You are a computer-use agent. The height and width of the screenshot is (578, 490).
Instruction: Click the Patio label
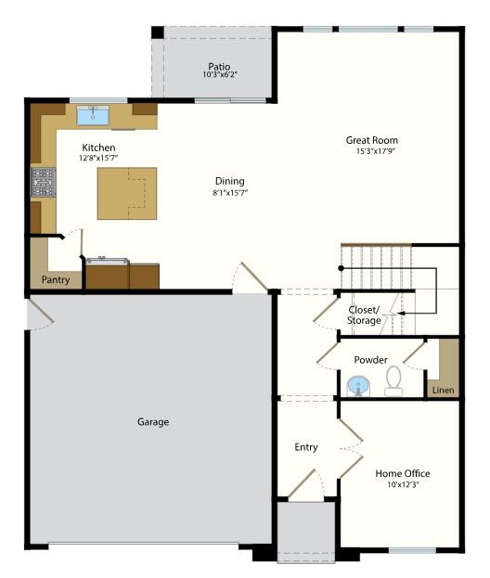[x=219, y=67]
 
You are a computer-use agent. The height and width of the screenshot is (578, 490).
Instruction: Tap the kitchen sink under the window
[x=93, y=115]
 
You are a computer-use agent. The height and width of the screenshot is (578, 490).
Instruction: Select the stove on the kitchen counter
[x=43, y=182]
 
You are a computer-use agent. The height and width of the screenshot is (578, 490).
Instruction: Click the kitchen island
[x=127, y=194]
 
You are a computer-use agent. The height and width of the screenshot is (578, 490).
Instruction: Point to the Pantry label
[x=56, y=279]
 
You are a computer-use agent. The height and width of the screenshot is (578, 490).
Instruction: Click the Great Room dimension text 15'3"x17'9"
[x=375, y=151]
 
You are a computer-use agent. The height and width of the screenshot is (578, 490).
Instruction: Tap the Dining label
[x=230, y=181]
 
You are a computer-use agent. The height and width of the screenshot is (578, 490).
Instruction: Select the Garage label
[x=153, y=422]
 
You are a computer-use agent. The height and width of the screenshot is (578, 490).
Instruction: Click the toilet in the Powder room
[x=393, y=381]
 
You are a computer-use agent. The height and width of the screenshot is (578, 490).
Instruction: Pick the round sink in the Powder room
[x=358, y=386]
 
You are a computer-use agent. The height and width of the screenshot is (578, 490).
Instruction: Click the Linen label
[x=444, y=390]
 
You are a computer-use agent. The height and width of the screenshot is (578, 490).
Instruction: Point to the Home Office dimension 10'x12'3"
[x=403, y=484]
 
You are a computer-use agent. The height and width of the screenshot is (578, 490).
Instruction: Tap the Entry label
[x=306, y=447]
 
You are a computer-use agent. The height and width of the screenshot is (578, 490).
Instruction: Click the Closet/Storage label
[x=364, y=315]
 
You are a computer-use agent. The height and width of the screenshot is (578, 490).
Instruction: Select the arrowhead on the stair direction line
[x=401, y=314]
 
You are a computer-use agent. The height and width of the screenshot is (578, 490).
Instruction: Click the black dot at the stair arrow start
[x=341, y=268]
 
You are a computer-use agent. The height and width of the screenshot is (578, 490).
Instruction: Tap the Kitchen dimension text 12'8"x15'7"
[x=98, y=158]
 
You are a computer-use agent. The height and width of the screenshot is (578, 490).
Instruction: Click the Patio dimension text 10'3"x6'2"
[x=220, y=74]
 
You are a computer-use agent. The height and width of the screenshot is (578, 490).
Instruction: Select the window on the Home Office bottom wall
[x=412, y=551]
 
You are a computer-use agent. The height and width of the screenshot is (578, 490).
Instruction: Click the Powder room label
[x=370, y=360]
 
